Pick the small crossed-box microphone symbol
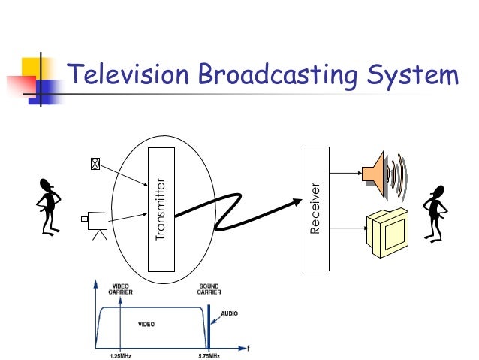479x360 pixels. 95,165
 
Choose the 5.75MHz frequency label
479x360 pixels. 209,355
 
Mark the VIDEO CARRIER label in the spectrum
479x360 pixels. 120,289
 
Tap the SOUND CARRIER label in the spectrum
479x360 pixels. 209,289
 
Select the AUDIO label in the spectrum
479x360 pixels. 229,313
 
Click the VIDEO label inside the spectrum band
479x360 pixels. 146,324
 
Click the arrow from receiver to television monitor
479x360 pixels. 345,224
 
